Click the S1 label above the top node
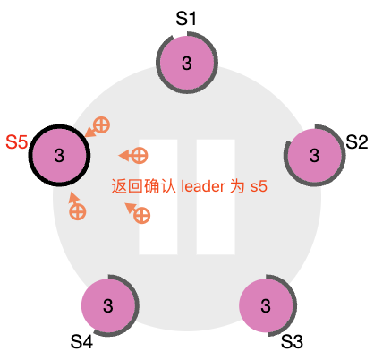[186, 18]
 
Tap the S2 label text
[357, 141]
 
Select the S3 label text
[292, 341]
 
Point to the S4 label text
[81, 341]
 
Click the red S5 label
[17, 141]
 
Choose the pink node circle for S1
[187, 63]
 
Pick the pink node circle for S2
[314, 155]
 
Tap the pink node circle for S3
[266, 305]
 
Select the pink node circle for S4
[108, 305]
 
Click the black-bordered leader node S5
[59, 155]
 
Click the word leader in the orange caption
[203, 186]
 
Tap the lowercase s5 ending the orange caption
[259, 186]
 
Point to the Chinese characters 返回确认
[143, 186]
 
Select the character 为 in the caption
[237, 186]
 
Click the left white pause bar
[158, 197]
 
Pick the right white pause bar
[216, 197]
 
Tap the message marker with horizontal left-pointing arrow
[133, 155]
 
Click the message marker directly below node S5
[76, 206]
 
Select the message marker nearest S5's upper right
[98, 127]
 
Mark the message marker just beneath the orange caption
[138, 213]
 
